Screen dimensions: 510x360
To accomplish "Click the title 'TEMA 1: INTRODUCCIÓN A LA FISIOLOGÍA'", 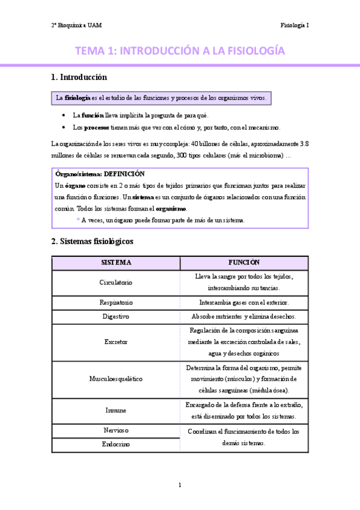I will point(180,51).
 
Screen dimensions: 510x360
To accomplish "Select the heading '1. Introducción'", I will point(79,77).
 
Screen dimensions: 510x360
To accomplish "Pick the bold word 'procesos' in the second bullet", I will point(96,127).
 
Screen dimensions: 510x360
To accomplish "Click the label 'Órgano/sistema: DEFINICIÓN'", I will point(100,174).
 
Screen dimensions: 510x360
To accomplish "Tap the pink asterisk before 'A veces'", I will point(78,221).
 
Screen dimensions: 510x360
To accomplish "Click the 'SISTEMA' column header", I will point(116,263).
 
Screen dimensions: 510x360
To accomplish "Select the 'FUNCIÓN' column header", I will point(243,263).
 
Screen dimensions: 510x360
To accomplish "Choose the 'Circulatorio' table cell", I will point(116,282).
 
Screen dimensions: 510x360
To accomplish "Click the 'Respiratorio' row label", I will point(116,302).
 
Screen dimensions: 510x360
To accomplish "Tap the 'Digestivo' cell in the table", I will point(116,316).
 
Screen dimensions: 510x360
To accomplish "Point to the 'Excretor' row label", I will point(116,342).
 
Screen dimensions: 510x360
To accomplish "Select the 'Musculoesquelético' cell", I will point(116,379).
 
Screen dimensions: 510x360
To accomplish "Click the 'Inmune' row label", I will point(116,410).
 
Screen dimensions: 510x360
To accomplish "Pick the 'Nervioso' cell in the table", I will point(116,431).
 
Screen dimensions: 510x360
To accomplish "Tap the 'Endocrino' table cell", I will point(116,444).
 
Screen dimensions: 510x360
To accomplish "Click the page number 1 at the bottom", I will point(180,485).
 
